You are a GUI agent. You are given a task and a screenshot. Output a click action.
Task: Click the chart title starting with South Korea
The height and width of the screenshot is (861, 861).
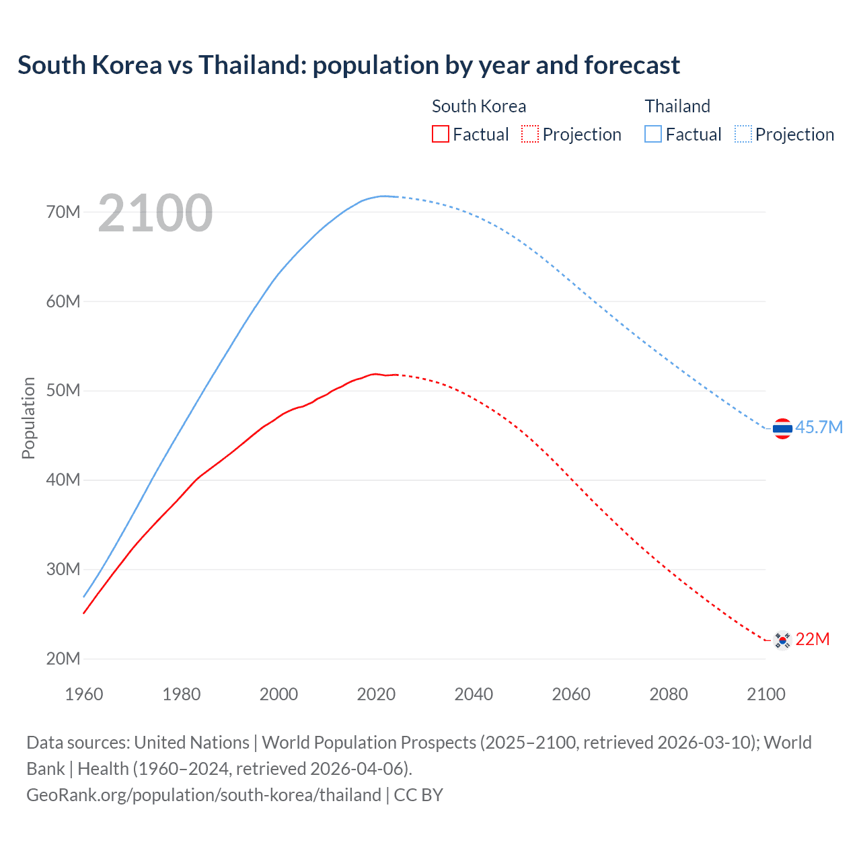tap(348, 65)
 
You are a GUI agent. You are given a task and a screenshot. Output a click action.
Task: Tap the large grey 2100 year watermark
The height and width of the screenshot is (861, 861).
tap(155, 213)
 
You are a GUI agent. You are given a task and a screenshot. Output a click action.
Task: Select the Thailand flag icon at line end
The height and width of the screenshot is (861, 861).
tap(782, 428)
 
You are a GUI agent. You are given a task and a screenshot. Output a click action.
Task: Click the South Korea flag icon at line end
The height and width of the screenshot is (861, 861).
tap(782, 640)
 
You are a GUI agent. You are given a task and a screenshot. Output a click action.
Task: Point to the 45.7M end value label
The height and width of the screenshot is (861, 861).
tap(819, 428)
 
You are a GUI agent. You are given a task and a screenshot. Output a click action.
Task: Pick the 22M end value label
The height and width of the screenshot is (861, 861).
tap(812, 640)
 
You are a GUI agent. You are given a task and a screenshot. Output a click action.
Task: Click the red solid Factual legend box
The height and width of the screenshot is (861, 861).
tap(441, 135)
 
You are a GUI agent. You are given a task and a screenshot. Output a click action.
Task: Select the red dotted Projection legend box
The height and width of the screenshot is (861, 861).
tap(530, 135)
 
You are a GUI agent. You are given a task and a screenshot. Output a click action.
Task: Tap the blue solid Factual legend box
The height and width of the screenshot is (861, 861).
tap(653, 135)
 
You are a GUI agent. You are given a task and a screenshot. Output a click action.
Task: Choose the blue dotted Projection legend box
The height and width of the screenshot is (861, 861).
tap(743, 135)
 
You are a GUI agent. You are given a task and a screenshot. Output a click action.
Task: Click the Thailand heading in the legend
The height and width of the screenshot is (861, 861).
tap(677, 106)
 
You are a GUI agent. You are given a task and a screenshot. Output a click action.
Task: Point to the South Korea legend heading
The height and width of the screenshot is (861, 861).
tap(478, 106)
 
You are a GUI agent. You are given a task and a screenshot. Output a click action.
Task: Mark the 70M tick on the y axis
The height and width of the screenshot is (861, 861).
tap(63, 213)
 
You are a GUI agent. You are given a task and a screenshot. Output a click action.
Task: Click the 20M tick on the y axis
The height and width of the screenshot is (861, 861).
tap(63, 659)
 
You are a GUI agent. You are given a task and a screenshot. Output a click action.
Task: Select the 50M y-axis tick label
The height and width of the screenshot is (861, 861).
tap(63, 391)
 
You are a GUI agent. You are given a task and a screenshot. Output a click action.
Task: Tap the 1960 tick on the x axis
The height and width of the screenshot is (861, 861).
tap(84, 694)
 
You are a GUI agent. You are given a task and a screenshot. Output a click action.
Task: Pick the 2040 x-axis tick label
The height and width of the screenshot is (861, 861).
tap(474, 694)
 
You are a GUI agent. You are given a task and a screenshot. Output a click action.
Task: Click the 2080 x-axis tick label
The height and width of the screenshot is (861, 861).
tap(669, 694)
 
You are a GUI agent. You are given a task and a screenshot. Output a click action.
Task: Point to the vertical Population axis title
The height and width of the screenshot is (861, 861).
tap(28, 418)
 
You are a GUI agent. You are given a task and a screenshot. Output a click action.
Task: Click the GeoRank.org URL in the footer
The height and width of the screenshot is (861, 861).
tap(204, 795)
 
